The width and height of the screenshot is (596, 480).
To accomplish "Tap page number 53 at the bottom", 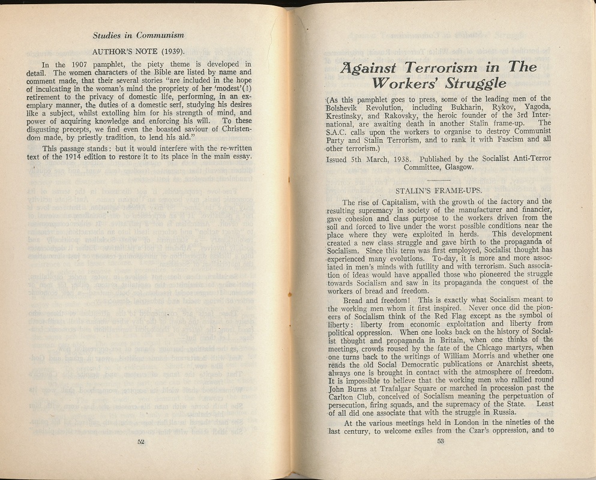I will [440, 442].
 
